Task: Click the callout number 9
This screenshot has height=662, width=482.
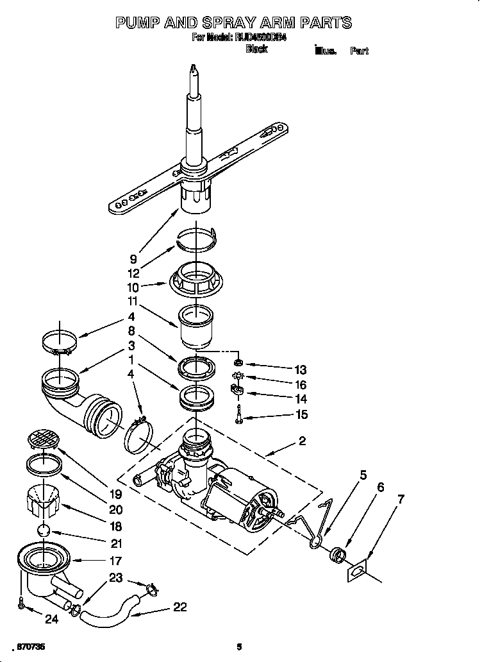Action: [x=133, y=259]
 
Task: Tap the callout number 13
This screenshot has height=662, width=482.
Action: [x=299, y=369]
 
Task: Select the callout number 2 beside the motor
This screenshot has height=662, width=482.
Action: [x=302, y=441]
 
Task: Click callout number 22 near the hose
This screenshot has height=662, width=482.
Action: [x=180, y=607]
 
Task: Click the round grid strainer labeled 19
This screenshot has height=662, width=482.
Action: [x=43, y=441]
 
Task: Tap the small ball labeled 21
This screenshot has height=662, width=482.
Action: [x=43, y=530]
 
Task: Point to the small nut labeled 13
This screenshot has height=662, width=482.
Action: [x=238, y=362]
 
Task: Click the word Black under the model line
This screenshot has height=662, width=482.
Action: [x=256, y=49]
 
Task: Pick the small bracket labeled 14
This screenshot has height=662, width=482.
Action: [x=237, y=390]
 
